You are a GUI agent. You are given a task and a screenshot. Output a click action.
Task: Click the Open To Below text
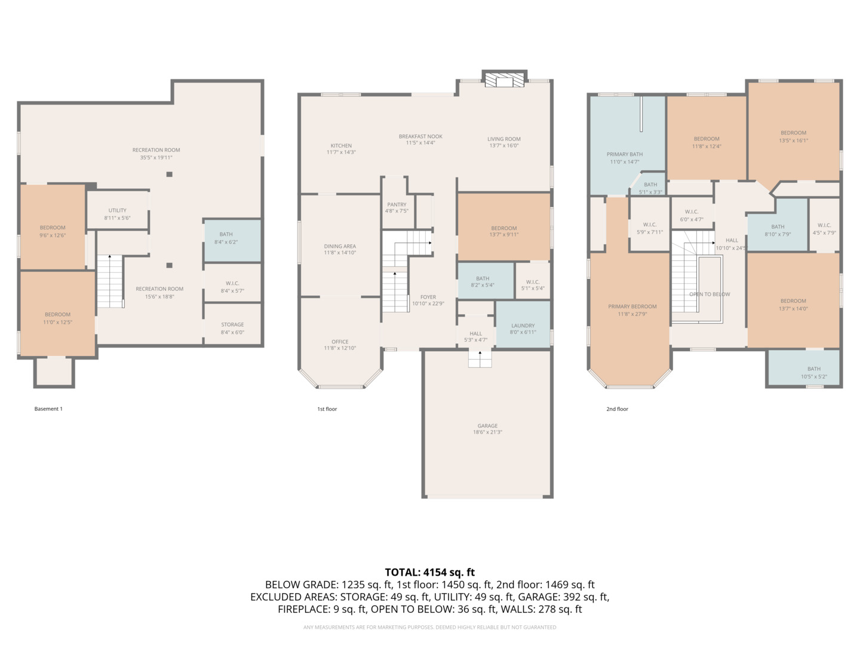pyautogui.click(x=709, y=294)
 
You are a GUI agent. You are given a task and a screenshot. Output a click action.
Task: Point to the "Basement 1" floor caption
pyautogui.click(x=48, y=409)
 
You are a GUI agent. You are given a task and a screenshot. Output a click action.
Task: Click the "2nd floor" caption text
pyautogui.click(x=617, y=409)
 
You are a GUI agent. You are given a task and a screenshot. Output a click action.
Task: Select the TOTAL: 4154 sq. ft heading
pyautogui.click(x=429, y=572)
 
